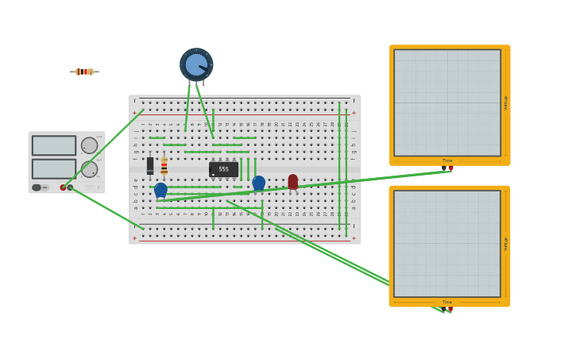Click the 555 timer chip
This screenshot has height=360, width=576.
[223, 169]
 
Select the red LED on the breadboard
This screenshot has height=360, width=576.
[292, 182]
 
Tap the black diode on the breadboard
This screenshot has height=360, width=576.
[150, 165]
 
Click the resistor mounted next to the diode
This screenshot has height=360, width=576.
[164, 166]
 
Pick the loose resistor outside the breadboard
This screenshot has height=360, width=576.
[84, 72]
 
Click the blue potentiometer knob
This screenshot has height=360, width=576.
[196, 65]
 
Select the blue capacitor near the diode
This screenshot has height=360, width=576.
[160, 190]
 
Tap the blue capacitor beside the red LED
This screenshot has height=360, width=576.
[258, 183]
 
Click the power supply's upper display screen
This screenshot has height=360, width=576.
[54, 145]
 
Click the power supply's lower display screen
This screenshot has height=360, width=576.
[54, 168]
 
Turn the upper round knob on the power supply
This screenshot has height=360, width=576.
[89, 145]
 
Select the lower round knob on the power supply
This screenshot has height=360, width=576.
[89, 169]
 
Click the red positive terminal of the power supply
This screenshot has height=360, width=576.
[63, 188]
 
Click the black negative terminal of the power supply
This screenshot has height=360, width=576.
[70, 188]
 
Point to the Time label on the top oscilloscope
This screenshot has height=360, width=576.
[447, 161]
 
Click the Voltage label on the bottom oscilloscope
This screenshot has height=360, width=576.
[505, 244]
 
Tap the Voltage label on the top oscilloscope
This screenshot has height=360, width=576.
[505, 103]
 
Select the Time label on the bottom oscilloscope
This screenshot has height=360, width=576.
[447, 302]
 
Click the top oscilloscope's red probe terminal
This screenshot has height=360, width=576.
[450, 168]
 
